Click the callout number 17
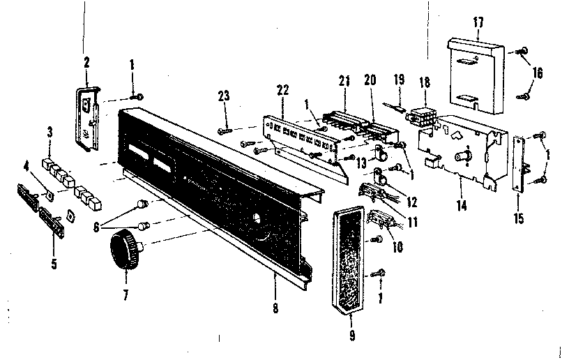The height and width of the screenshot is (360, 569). (478, 22)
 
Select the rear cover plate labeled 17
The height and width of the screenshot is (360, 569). (476, 73)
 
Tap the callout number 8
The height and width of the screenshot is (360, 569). (276, 308)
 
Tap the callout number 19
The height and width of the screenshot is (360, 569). (398, 80)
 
